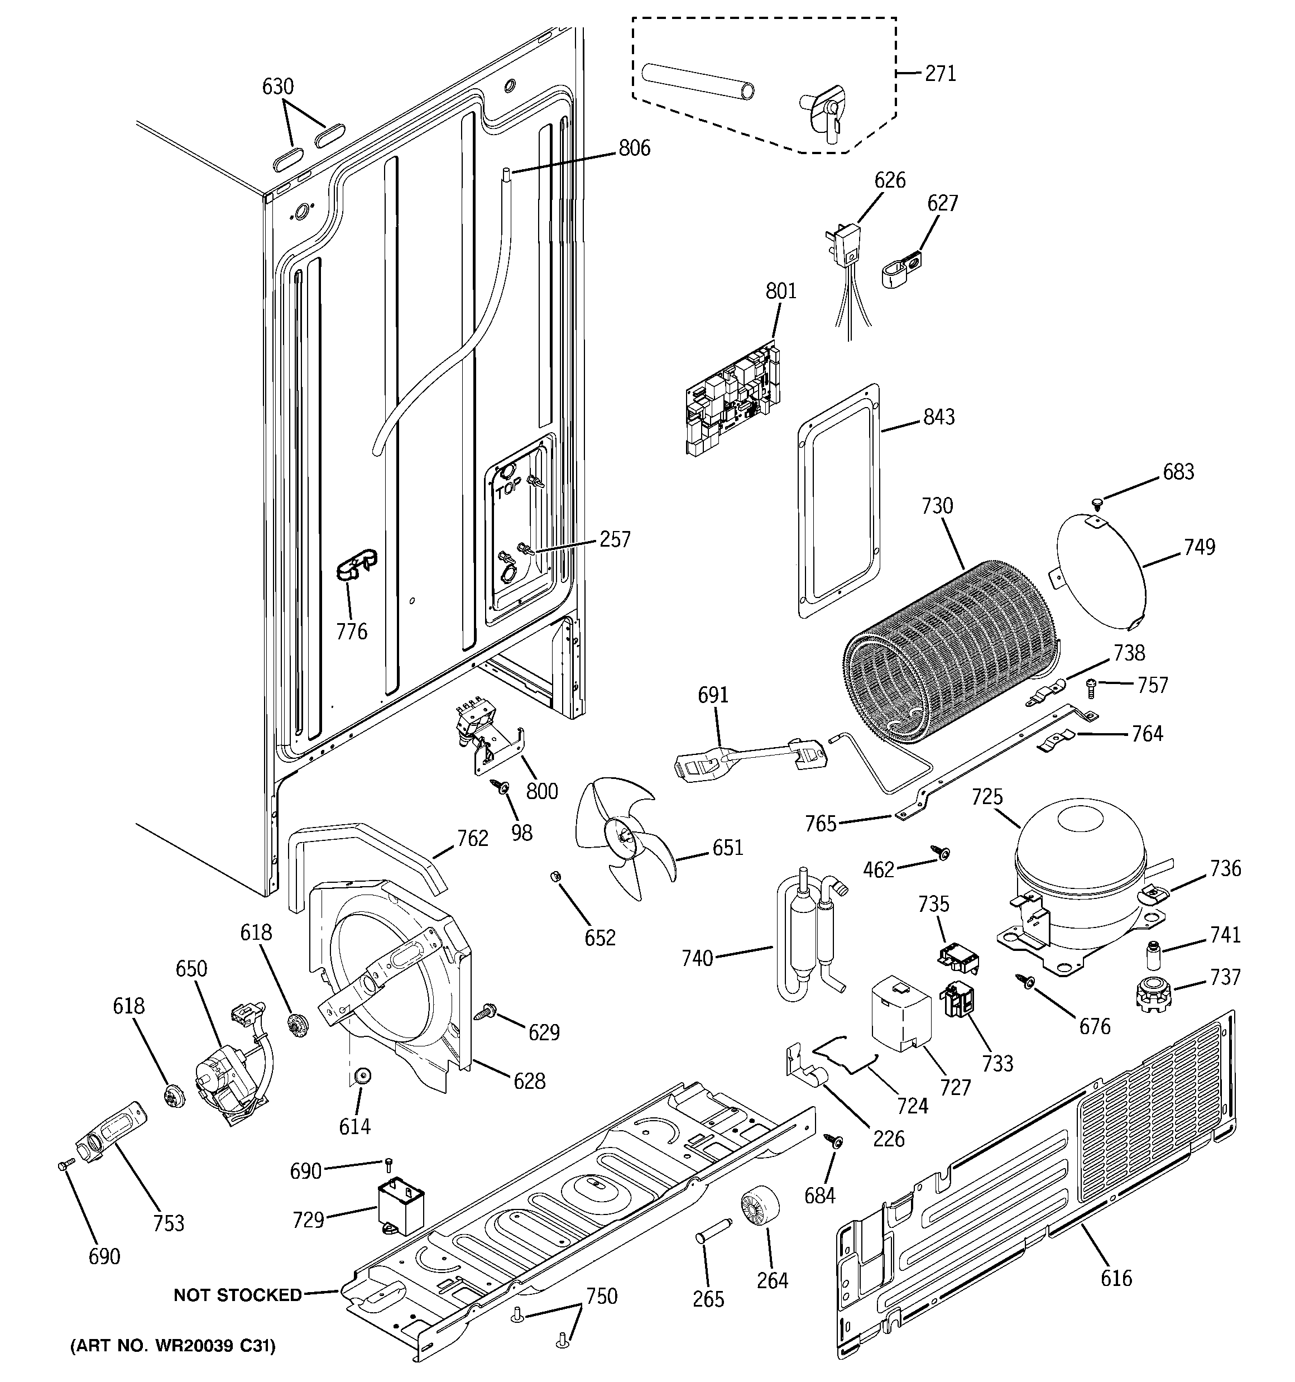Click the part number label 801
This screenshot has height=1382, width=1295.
tap(780, 291)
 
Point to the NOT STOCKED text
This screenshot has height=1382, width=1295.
tap(237, 1294)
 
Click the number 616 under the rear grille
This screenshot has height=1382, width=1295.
tap(1116, 1278)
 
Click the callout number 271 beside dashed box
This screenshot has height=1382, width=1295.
tap(940, 73)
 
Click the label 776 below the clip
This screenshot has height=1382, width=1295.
tap(351, 631)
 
